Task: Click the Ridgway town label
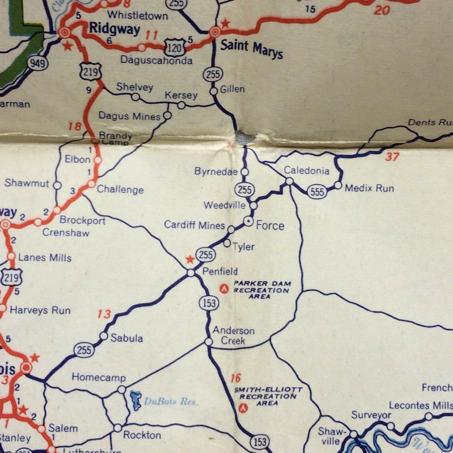click(x=114, y=29)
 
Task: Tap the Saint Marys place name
click(x=252, y=50)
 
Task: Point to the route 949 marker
click(x=37, y=63)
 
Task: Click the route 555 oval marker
click(x=317, y=192)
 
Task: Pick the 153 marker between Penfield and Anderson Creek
click(x=209, y=303)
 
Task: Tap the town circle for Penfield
click(x=191, y=273)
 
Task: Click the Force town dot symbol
click(x=248, y=221)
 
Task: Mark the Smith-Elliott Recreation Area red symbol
click(x=243, y=409)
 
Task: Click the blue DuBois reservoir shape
click(x=136, y=400)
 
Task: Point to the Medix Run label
click(x=369, y=188)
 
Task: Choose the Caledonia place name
click(x=306, y=171)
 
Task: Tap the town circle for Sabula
click(x=103, y=336)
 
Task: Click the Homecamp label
click(x=99, y=377)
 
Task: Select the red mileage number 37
click(x=392, y=156)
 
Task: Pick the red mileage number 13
click(x=104, y=314)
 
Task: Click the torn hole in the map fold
click(x=246, y=137)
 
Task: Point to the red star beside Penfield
click(x=190, y=260)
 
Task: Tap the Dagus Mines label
click(x=129, y=116)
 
